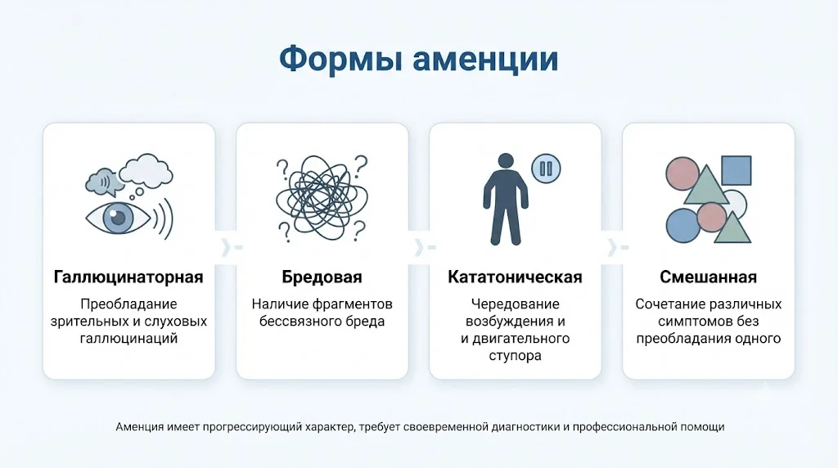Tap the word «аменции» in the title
pyautogui.click(x=485, y=60)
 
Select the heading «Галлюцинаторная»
pyautogui.click(x=128, y=277)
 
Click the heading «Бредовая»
pyautogui.click(x=322, y=277)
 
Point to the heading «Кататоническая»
pyautogui.click(x=515, y=277)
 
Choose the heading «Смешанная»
pyautogui.click(x=708, y=277)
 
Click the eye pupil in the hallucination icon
pyautogui.click(x=118, y=218)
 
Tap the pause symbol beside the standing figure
pyautogui.click(x=546, y=169)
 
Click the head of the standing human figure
pyautogui.click(x=505, y=161)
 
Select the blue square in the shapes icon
pyautogui.click(x=737, y=170)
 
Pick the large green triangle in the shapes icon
pyautogui.click(x=706, y=185)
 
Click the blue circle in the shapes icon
pyautogui.click(x=683, y=226)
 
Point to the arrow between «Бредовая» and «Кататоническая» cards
pyautogui.click(x=425, y=247)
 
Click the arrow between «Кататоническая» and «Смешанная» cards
pyautogui.click(x=618, y=247)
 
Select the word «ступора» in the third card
pyautogui.click(x=515, y=356)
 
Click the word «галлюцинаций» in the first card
pyautogui.click(x=128, y=339)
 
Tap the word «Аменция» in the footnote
pyautogui.click(x=139, y=427)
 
